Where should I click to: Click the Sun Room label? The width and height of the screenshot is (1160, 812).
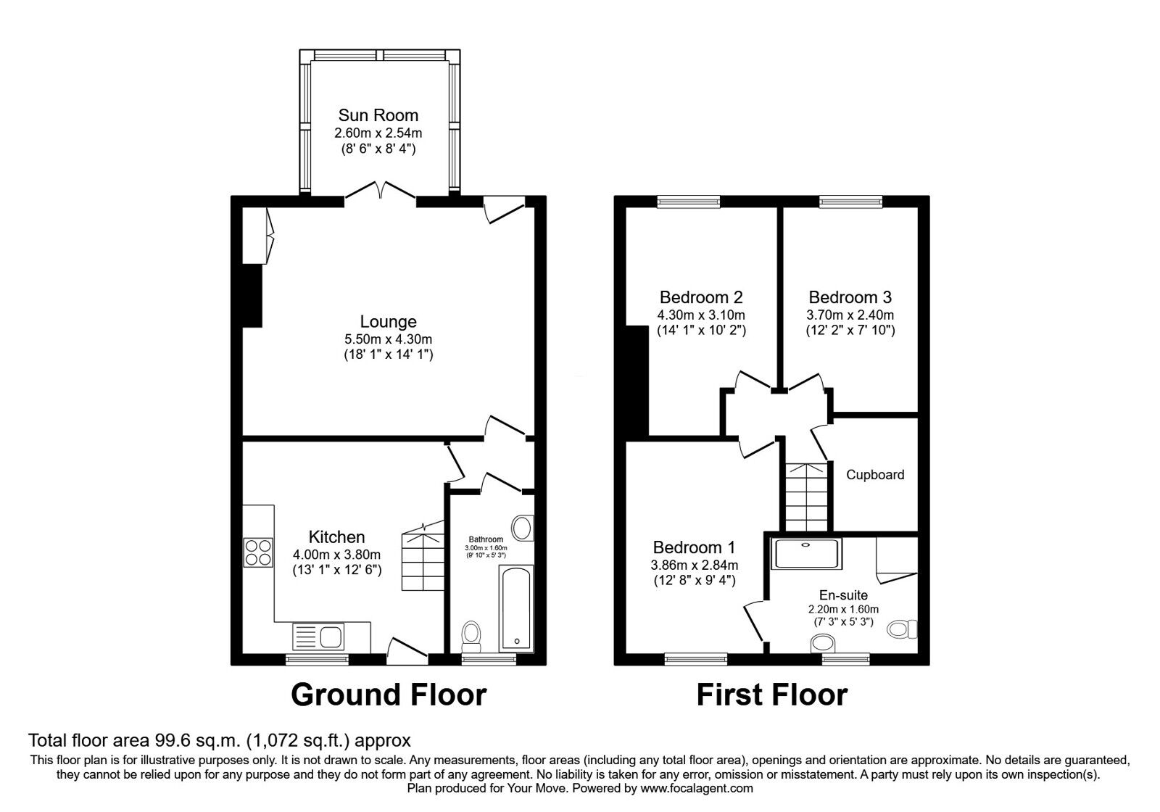378,115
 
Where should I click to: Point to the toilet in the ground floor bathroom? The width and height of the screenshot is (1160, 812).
471,636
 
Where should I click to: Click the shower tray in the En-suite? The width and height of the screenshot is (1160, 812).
805,553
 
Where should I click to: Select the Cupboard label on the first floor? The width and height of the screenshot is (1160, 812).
875,475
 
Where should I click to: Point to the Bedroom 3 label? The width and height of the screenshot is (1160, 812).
850,297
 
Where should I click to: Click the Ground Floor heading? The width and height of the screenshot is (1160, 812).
388,695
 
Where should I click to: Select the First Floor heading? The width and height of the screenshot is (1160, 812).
771,695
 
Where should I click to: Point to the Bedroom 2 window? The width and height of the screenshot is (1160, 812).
689,202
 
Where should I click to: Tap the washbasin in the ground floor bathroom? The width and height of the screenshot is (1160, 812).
522,528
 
